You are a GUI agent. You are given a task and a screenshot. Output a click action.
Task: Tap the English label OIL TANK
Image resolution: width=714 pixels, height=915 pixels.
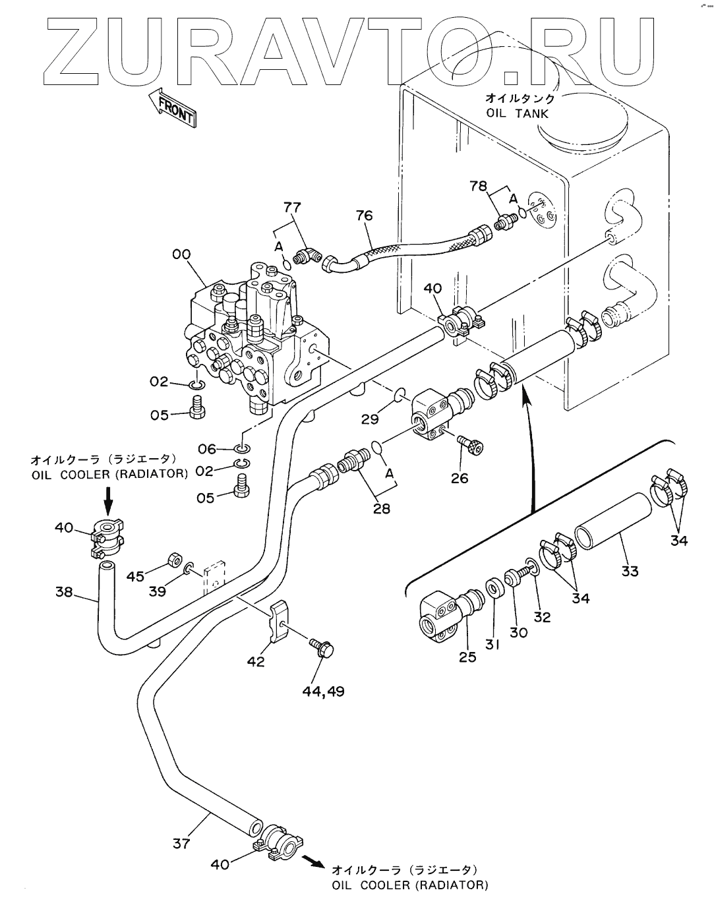tap(518, 113)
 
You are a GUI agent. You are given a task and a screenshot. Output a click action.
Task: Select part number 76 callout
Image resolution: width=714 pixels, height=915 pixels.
tap(364, 216)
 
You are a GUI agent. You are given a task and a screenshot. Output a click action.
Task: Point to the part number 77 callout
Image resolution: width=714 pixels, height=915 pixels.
tap(293, 208)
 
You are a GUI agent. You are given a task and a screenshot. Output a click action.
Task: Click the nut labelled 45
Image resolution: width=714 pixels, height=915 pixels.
tap(174, 560)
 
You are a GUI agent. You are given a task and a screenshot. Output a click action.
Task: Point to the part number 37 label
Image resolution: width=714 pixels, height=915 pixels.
tap(182, 842)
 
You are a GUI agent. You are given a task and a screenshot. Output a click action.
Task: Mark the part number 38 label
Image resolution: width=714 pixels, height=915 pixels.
tap(64, 592)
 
